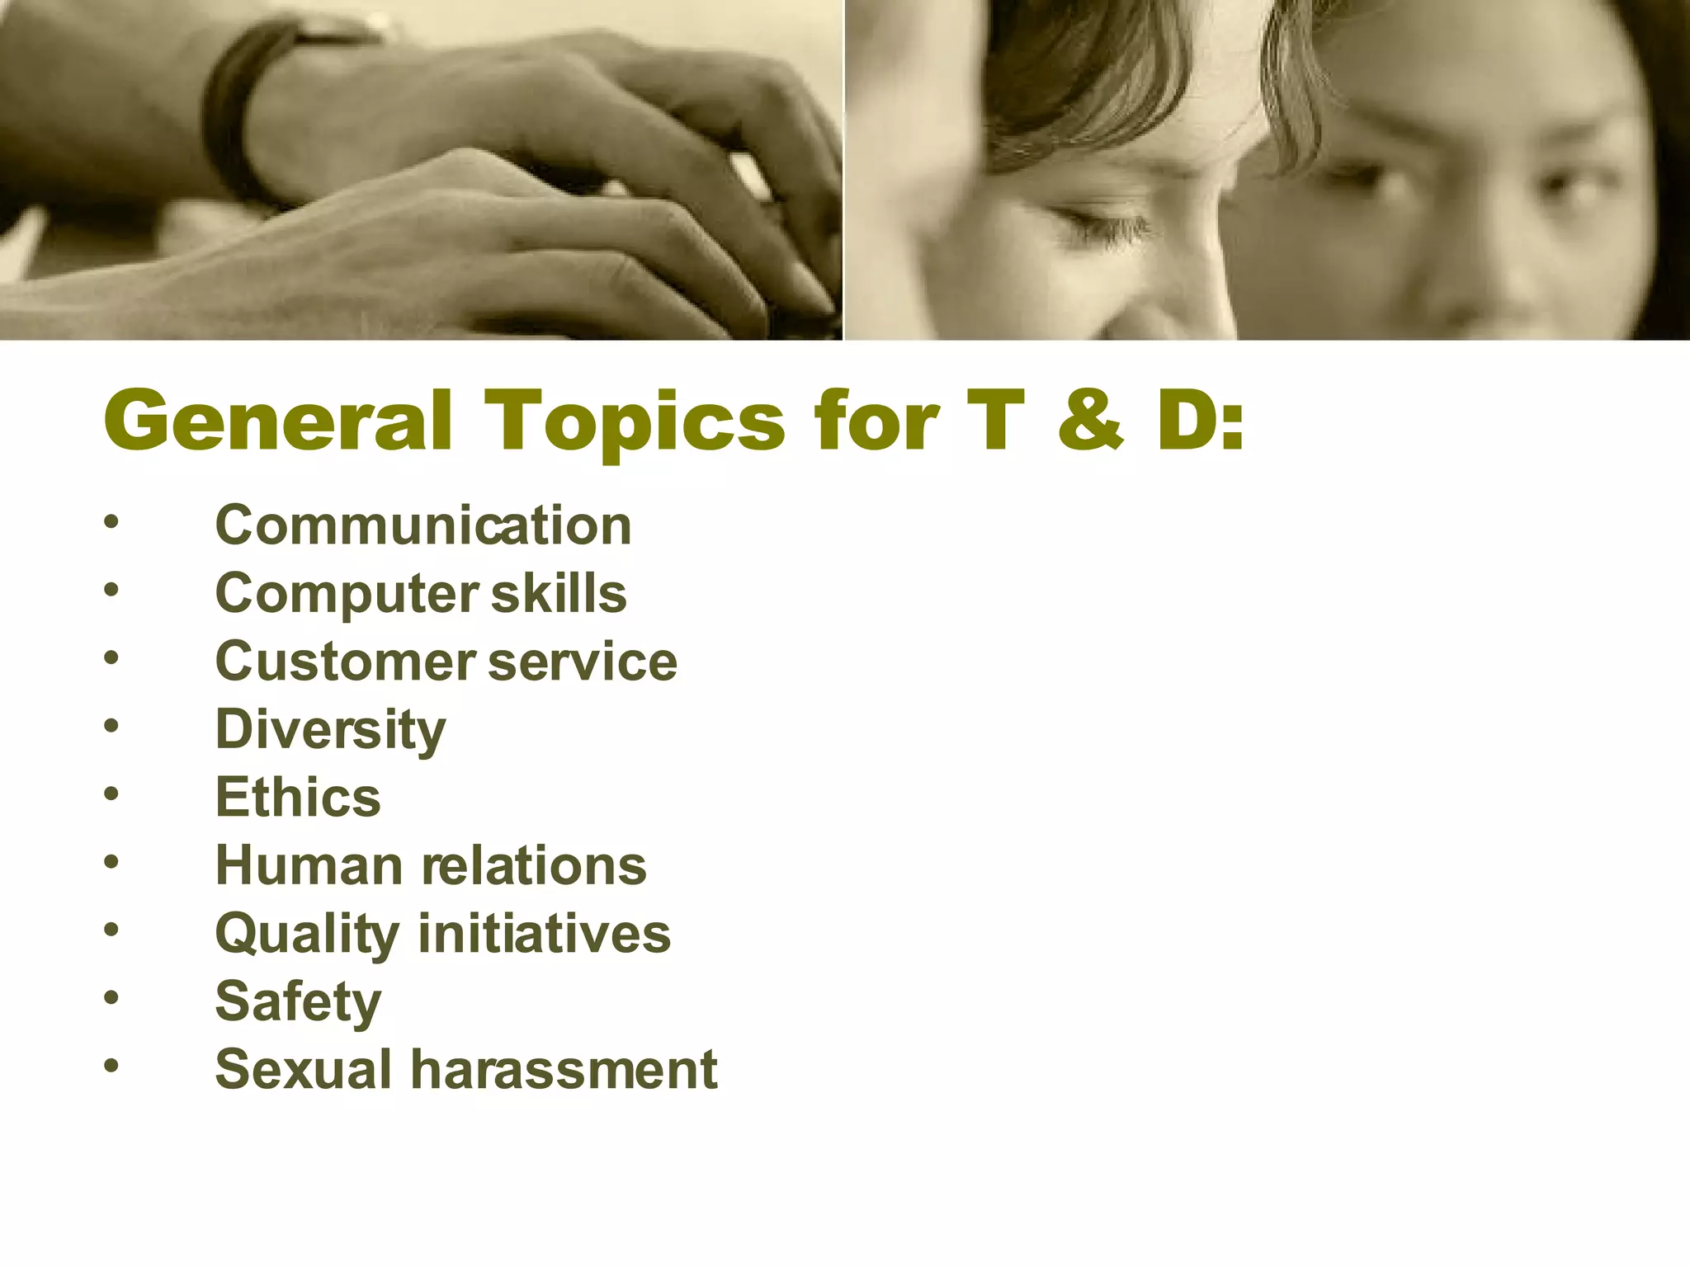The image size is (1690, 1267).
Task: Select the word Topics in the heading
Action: click(634, 422)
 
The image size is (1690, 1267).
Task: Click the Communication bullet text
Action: click(423, 525)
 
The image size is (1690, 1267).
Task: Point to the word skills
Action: click(559, 593)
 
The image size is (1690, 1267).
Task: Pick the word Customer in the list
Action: click(346, 662)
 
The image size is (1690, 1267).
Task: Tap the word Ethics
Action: click(298, 798)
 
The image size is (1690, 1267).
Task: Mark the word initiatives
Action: click(545, 934)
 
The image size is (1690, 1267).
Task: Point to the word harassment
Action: click(564, 1070)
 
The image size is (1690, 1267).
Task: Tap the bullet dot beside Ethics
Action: click(111, 794)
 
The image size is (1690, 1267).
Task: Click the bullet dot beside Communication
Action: click(111, 521)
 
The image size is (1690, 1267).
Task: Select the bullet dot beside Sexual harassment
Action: click(111, 1066)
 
